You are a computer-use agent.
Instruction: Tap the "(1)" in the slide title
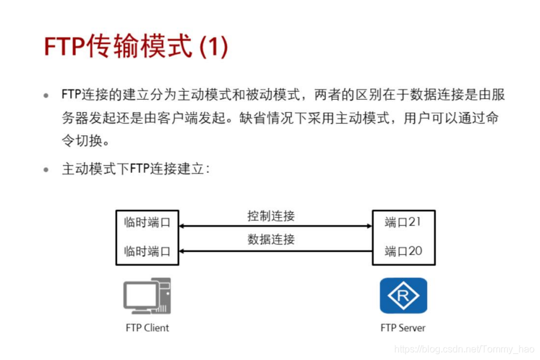214,46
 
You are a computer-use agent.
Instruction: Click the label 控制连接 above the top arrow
271,215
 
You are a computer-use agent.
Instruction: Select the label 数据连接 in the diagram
271,239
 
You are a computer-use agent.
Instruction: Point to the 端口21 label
403,222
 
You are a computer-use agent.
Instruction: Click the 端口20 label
403,251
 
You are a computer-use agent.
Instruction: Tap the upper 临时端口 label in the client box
147,222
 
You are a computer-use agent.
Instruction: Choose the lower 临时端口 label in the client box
147,251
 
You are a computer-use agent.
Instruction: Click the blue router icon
403,295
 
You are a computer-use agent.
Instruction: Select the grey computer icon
147,296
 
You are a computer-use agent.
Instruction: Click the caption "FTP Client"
147,328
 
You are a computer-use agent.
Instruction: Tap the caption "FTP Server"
403,328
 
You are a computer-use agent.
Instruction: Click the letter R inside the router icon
403,295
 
